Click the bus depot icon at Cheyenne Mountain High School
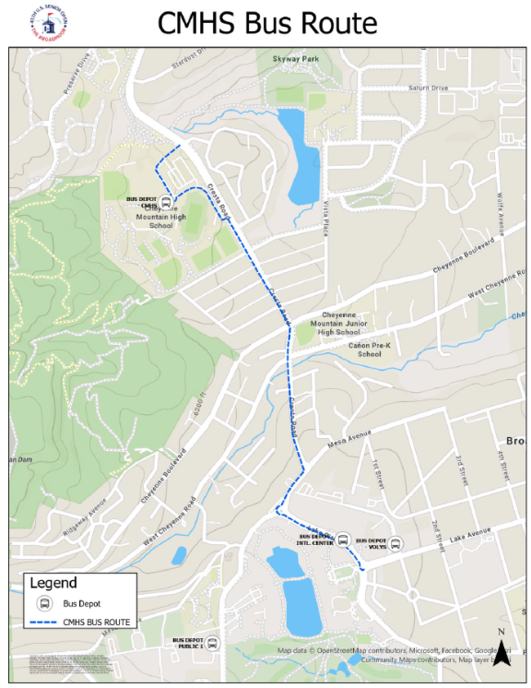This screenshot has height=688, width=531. pos(166,202)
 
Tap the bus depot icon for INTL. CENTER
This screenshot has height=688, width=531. pos(341,540)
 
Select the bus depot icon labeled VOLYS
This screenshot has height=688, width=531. pos(395,543)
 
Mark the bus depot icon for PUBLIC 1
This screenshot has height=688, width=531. pos(212,644)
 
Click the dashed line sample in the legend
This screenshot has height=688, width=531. pos(44,623)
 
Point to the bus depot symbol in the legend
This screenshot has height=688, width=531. pos(43,603)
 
